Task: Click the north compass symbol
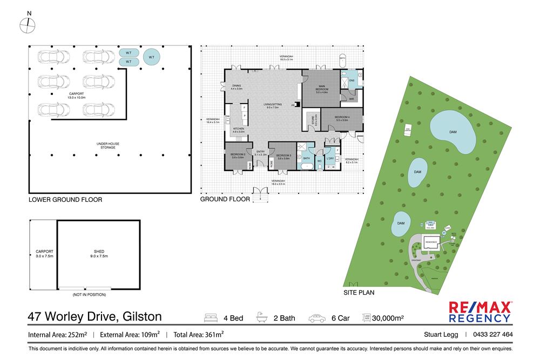[28, 24]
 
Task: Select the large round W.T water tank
[152, 57]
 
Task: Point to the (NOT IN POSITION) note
[89, 295]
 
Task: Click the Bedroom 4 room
[342, 119]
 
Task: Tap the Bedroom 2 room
[238, 156]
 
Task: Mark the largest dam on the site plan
[453, 132]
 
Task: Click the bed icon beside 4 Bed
[211, 318]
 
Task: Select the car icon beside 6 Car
[317, 318]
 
